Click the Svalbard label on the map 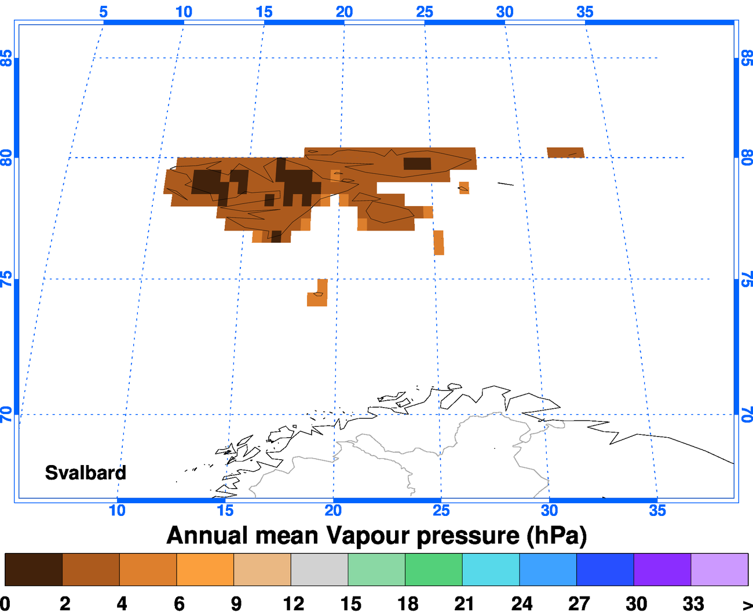tap(86, 473)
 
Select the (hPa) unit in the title tap(557, 536)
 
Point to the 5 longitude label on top tap(103, 12)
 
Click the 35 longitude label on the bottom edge tap(657, 511)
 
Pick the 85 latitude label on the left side tap(6, 58)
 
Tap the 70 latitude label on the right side tap(747, 415)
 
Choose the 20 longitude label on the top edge tap(344, 12)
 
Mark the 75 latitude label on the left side tap(6, 280)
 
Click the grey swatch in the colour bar tap(319, 569)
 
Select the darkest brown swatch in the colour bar tap(33, 569)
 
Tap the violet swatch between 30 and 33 tap(662, 569)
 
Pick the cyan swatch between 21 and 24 tap(491, 569)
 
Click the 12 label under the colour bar tap(294, 603)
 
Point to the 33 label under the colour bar tap(693, 603)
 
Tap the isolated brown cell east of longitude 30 tap(565, 152)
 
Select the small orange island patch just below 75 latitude tap(318, 294)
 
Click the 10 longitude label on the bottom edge tap(117, 511)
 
